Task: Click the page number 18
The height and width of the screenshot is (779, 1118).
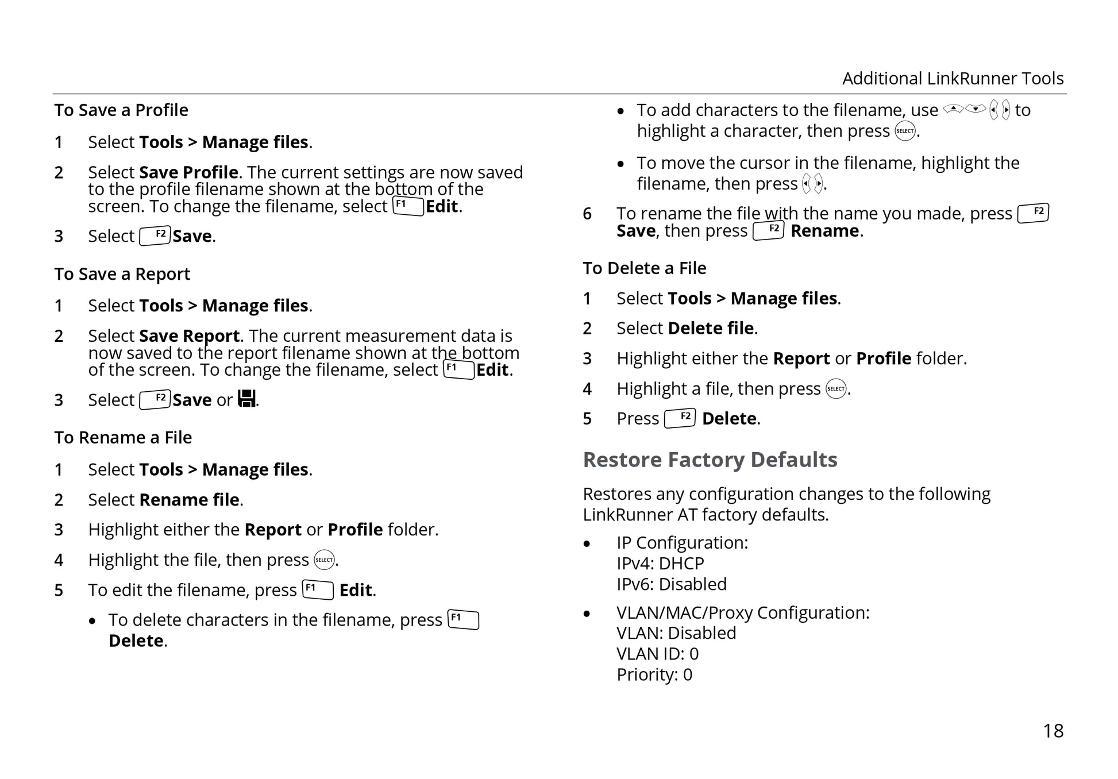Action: tap(1053, 731)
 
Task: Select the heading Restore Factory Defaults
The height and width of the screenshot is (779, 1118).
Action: tap(710, 460)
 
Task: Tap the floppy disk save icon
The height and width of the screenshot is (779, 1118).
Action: tap(247, 398)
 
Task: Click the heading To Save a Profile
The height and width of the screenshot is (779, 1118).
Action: tap(121, 110)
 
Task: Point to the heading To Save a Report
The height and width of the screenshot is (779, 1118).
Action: tap(122, 274)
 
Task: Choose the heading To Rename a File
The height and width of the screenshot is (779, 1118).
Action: tap(123, 437)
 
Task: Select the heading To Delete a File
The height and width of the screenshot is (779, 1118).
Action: tap(644, 268)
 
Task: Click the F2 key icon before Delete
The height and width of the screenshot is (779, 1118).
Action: tap(680, 418)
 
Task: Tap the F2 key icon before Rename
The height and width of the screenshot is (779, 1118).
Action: tap(768, 230)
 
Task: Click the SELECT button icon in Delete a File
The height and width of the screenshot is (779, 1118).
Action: tap(836, 389)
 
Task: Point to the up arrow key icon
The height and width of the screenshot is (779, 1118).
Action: tap(953, 109)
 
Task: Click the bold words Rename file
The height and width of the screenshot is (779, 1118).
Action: tap(190, 500)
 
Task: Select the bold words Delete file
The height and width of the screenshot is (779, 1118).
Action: tap(710, 328)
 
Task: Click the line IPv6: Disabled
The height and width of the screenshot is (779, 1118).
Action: tap(671, 584)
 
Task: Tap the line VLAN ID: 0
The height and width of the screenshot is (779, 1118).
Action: tap(657, 654)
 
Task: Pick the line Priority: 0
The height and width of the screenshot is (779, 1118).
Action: tap(654, 674)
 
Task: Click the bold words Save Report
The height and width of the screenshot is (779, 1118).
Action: tap(190, 335)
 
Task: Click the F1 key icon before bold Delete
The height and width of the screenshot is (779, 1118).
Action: tap(463, 620)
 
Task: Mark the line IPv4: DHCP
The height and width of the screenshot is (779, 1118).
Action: tap(660, 563)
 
